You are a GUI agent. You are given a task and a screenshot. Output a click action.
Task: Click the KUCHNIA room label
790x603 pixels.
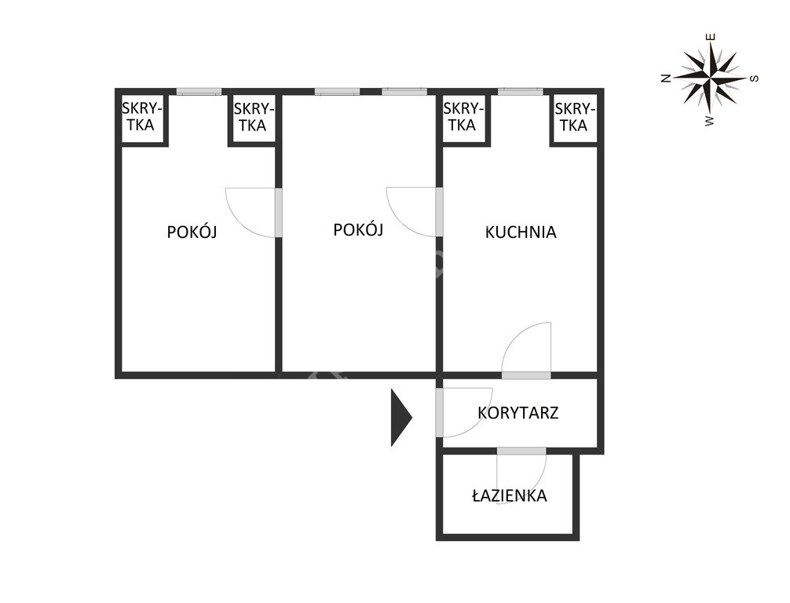click(521, 232)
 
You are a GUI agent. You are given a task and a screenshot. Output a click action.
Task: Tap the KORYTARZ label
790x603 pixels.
click(518, 412)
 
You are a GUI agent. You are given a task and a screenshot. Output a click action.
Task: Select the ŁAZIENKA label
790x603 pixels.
click(510, 495)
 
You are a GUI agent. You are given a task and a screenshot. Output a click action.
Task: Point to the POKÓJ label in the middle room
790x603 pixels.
click(358, 229)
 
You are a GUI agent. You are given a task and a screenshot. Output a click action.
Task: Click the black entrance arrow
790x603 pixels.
click(401, 417)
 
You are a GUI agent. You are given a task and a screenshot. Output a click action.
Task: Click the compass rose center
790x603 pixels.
click(710, 79)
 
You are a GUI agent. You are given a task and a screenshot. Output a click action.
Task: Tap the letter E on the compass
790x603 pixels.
click(711, 37)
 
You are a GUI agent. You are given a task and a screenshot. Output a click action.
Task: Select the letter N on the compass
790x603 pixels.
click(666, 78)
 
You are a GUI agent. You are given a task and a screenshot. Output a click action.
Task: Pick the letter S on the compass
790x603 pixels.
click(754, 79)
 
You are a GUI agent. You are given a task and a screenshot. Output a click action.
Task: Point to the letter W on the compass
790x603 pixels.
click(710, 121)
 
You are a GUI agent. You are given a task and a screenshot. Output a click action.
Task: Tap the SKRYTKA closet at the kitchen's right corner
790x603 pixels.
click(575, 117)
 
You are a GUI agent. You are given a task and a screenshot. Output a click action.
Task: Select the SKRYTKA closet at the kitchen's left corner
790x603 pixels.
click(463, 117)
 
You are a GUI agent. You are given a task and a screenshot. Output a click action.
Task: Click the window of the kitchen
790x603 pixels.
click(521, 92)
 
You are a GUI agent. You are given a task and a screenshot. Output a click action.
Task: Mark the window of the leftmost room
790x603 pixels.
click(199, 92)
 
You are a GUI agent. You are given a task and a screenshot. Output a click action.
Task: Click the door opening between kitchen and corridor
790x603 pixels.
click(526, 375)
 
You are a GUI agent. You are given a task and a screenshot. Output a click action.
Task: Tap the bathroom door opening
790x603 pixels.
click(521, 451)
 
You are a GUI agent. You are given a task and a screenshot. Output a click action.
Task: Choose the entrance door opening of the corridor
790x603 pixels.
click(439, 412)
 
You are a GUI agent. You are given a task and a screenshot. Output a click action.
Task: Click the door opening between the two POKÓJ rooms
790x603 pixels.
click(278, 213)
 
